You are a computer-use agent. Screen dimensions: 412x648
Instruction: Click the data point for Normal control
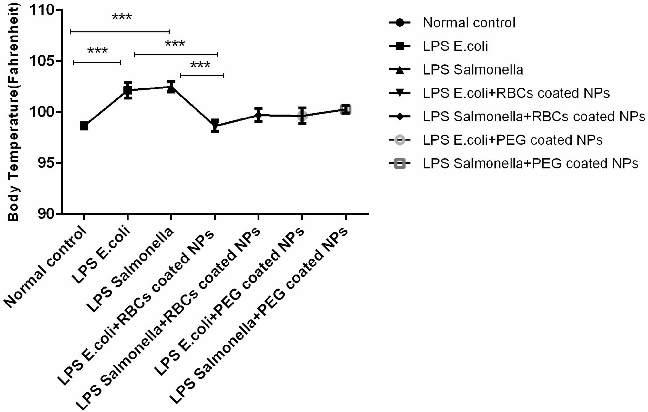[84, 126]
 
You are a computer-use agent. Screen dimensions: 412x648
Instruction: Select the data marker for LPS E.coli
[128, 90]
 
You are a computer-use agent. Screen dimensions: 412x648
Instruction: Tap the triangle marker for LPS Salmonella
[171, 88]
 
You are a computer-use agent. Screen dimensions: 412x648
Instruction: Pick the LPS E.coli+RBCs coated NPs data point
[215, 125]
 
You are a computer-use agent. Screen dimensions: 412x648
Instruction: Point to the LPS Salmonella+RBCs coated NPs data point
[258, 115]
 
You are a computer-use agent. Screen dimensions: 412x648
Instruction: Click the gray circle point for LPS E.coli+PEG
[302, 116]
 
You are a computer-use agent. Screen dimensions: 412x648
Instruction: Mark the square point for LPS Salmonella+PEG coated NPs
[346, 110]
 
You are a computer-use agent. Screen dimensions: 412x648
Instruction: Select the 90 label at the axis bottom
[46, 214]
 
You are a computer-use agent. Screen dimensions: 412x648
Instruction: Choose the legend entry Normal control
[469, 23]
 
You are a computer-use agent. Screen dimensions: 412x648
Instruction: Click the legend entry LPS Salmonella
[473, 70]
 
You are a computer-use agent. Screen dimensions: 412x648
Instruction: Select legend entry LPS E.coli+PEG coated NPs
[512, 140]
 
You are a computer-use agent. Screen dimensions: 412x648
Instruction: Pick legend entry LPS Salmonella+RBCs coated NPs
[534, 117]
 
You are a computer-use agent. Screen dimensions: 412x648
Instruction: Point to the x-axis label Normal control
[47, 268]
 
